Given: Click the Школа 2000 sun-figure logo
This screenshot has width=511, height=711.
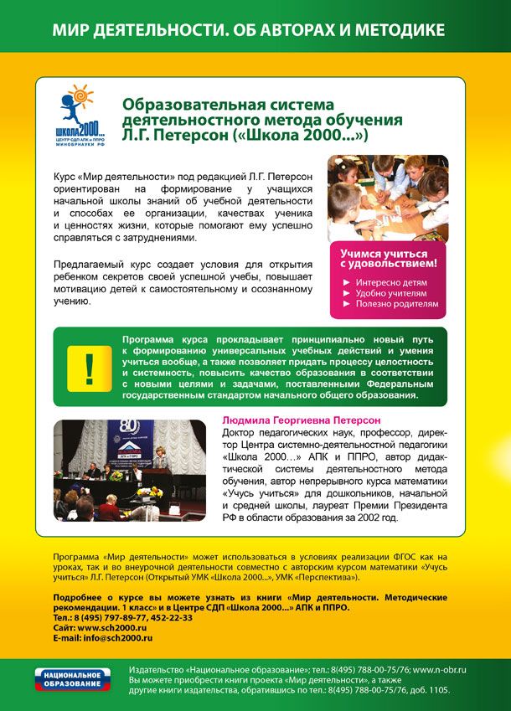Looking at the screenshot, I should pos(80,117).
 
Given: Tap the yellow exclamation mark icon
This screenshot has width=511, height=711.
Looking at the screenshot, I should pos(90,367).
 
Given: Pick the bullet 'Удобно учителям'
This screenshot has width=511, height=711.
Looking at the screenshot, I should pos(390,294).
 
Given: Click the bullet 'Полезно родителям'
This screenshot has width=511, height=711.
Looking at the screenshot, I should pos(396,305).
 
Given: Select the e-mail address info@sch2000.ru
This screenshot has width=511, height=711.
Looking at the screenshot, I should pos(119,638).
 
